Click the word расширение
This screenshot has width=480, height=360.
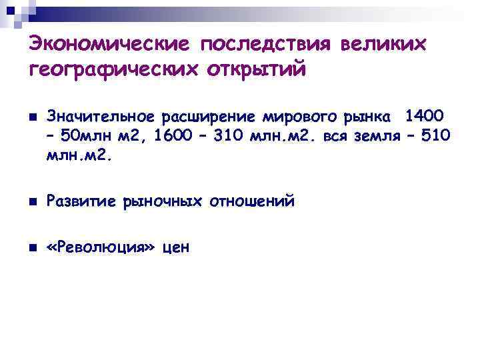[207, 117]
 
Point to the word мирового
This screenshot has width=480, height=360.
[293, 117]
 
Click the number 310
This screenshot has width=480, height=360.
[231, 137]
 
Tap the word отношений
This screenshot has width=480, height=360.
[251, 201]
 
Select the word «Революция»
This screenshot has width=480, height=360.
[101, 248]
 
